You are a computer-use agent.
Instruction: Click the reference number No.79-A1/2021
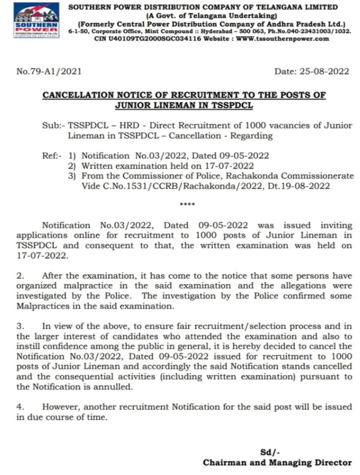49,71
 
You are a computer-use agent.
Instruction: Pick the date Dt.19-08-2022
299,186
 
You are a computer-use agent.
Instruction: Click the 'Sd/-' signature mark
270,452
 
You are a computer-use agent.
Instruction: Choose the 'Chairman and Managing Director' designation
277,462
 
